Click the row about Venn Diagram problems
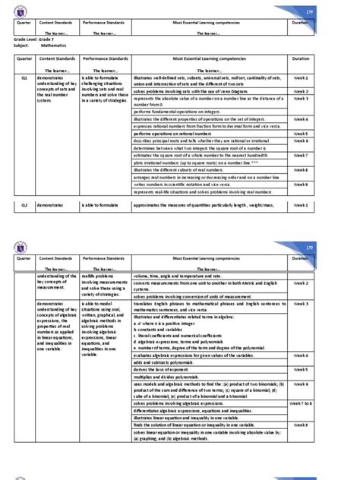tap(199, 91)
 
